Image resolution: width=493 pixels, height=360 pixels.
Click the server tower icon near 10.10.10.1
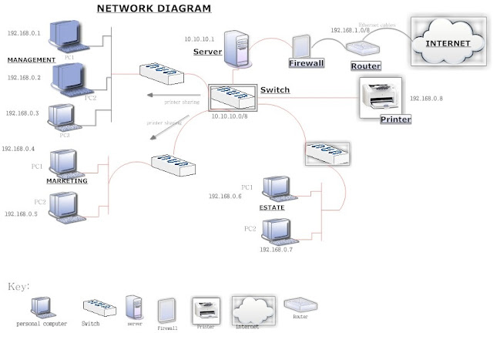(236, 47)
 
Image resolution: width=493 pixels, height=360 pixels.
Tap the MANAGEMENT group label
(31, 59)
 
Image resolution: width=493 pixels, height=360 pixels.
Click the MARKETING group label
(66, 181)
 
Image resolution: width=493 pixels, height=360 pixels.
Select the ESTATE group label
(272, 207)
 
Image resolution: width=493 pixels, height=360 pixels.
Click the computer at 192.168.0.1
(67, 35)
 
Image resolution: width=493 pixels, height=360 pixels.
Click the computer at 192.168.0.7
(276, 230)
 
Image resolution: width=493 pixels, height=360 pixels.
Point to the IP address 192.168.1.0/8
(350, 29)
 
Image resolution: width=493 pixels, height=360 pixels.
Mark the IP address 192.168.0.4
(18, 149)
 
